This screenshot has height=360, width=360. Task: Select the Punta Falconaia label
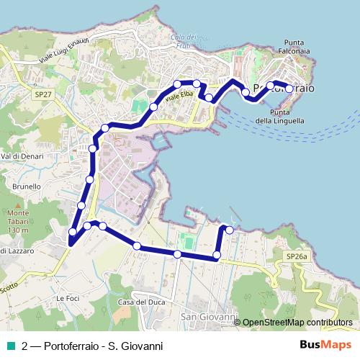[300, 47]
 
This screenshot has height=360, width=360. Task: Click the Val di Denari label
[19, 156]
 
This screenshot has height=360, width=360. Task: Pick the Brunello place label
[26, 186]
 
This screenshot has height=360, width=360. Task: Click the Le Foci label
[66, 298]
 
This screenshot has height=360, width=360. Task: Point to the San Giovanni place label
[209, 317]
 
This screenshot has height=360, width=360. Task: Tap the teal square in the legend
[11, 346]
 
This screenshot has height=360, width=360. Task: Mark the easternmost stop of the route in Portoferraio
[289, 89]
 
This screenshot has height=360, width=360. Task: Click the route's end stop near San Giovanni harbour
[230, 230]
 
